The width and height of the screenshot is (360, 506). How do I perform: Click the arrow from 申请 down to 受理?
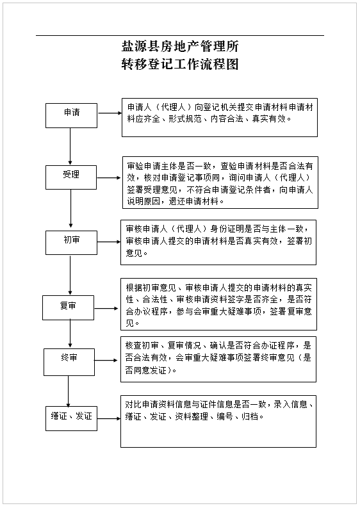point(70,147)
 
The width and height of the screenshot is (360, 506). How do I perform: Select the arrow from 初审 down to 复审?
point(70,275)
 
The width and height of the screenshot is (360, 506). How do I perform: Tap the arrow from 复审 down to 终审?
point(70,333)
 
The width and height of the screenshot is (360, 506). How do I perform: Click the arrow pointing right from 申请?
point(110,113)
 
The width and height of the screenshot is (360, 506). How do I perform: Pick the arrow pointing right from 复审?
point(106,309)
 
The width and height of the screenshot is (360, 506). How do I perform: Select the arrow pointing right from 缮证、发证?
point(109,418)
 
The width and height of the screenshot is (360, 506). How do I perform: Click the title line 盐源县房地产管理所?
point(180,47)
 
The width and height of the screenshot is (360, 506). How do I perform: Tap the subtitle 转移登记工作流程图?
point(180,64)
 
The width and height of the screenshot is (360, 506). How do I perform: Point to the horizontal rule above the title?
point(180,35)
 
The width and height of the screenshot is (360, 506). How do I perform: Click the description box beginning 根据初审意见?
point(218,304)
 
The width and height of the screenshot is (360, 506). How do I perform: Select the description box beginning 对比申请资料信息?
point(218,421)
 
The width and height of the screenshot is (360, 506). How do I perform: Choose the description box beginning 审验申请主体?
point(220,183)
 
